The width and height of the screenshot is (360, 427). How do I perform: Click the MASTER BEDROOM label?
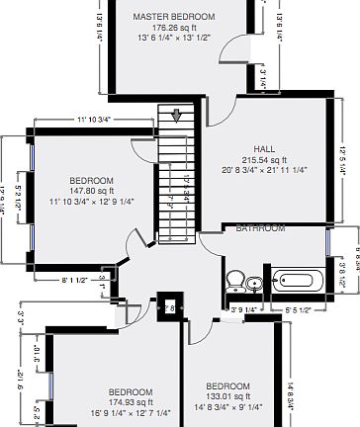tap(174, 17)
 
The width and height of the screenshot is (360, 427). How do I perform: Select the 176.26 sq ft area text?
tap(174, 28)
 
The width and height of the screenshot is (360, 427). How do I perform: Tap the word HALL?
tap(264, 148)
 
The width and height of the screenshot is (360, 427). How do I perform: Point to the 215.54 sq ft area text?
tap(264, 159)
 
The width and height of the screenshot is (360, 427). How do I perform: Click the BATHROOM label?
tap(260, 228)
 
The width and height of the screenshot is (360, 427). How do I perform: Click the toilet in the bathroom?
tap(234, 282)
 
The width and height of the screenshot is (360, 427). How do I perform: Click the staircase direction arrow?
tap(179, 115)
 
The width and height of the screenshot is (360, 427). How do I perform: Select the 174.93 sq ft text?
tap(131, 402)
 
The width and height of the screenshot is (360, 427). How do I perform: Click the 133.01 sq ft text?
tap(227, 395)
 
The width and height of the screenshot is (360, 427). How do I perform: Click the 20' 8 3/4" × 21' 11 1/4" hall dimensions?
tap(264, 170)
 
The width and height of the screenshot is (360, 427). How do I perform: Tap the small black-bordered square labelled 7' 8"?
tap(169, 307)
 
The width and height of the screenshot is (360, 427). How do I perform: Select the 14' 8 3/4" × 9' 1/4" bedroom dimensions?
tap(227, 406)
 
